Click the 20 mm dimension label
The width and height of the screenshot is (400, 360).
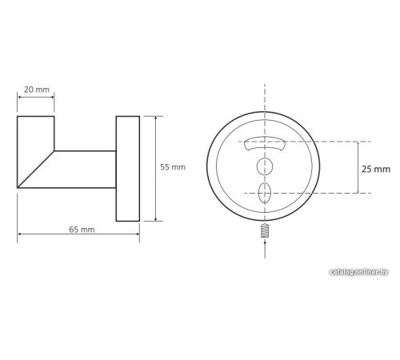[x=37, y=90]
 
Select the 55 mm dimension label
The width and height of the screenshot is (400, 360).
[x=173, y=167]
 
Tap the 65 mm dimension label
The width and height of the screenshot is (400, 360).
[x=82, y=230]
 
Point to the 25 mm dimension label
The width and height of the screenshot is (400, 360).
[x=376, y=169]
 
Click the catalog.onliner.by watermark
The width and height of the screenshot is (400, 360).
[x=358, y=272]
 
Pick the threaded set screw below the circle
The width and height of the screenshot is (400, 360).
[x=265, y=230]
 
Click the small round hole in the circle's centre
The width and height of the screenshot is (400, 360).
[x=265, y=166]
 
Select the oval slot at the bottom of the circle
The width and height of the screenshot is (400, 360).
[x=265, y=193]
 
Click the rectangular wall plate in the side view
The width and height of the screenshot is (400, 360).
[x=128, y=169]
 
